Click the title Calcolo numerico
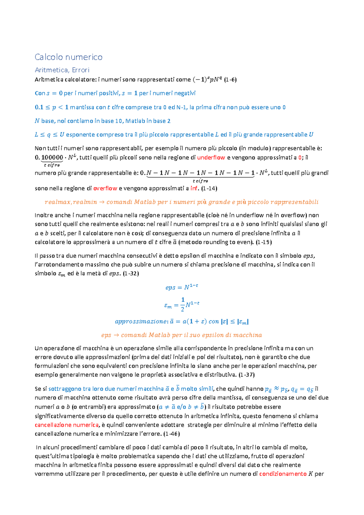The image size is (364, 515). tap(69, 57)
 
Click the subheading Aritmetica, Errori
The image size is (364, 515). tap(62, 70)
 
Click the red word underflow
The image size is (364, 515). tap(211, 158)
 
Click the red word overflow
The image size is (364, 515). tap(105, 188)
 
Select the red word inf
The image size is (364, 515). tap(194, 188)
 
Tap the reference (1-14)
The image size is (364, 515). tap(209, 188)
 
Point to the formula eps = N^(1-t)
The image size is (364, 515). tap(182, 287)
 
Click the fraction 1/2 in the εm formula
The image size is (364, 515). tap(183, 305)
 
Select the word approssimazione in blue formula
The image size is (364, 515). tap(140, 322)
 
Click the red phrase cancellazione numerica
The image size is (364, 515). tap(67, 425)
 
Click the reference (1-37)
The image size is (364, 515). tap(246, 375)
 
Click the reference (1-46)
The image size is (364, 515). tap(172, 434)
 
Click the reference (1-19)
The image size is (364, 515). tap(264, 242)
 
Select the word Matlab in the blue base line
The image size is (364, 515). tap(135, 121)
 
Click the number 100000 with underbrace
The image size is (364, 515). tap(52, 158)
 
